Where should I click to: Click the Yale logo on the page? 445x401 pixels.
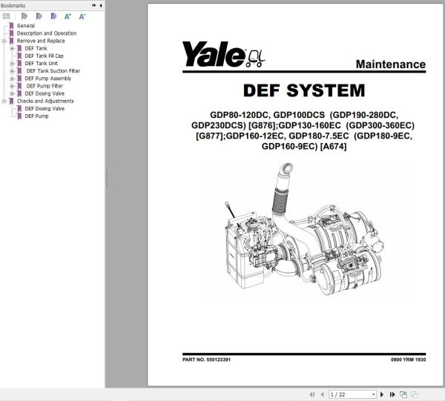(x=215, y=53)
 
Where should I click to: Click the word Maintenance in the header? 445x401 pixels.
(x=391, y=64)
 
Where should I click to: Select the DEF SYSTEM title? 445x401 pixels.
(x=304, y=91)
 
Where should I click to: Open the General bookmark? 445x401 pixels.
(x=26, y=26)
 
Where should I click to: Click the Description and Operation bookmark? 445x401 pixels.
(x=46, y=33)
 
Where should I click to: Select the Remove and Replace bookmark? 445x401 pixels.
(x=41, y=41)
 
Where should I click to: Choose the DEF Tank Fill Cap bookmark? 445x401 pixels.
(x=45, y=56)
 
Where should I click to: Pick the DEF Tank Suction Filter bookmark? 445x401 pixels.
(x=53, y=71)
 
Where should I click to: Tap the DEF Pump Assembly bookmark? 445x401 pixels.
(x=48, y=79)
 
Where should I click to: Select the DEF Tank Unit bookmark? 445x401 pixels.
(x=41, y=64)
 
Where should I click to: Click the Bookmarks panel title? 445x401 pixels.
(x=13, y=4)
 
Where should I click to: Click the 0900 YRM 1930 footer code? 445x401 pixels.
(x=407, y=359)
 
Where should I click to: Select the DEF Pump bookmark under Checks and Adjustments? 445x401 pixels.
(x=36, y=116)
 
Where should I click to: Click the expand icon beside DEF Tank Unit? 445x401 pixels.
(x=12, y=64)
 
